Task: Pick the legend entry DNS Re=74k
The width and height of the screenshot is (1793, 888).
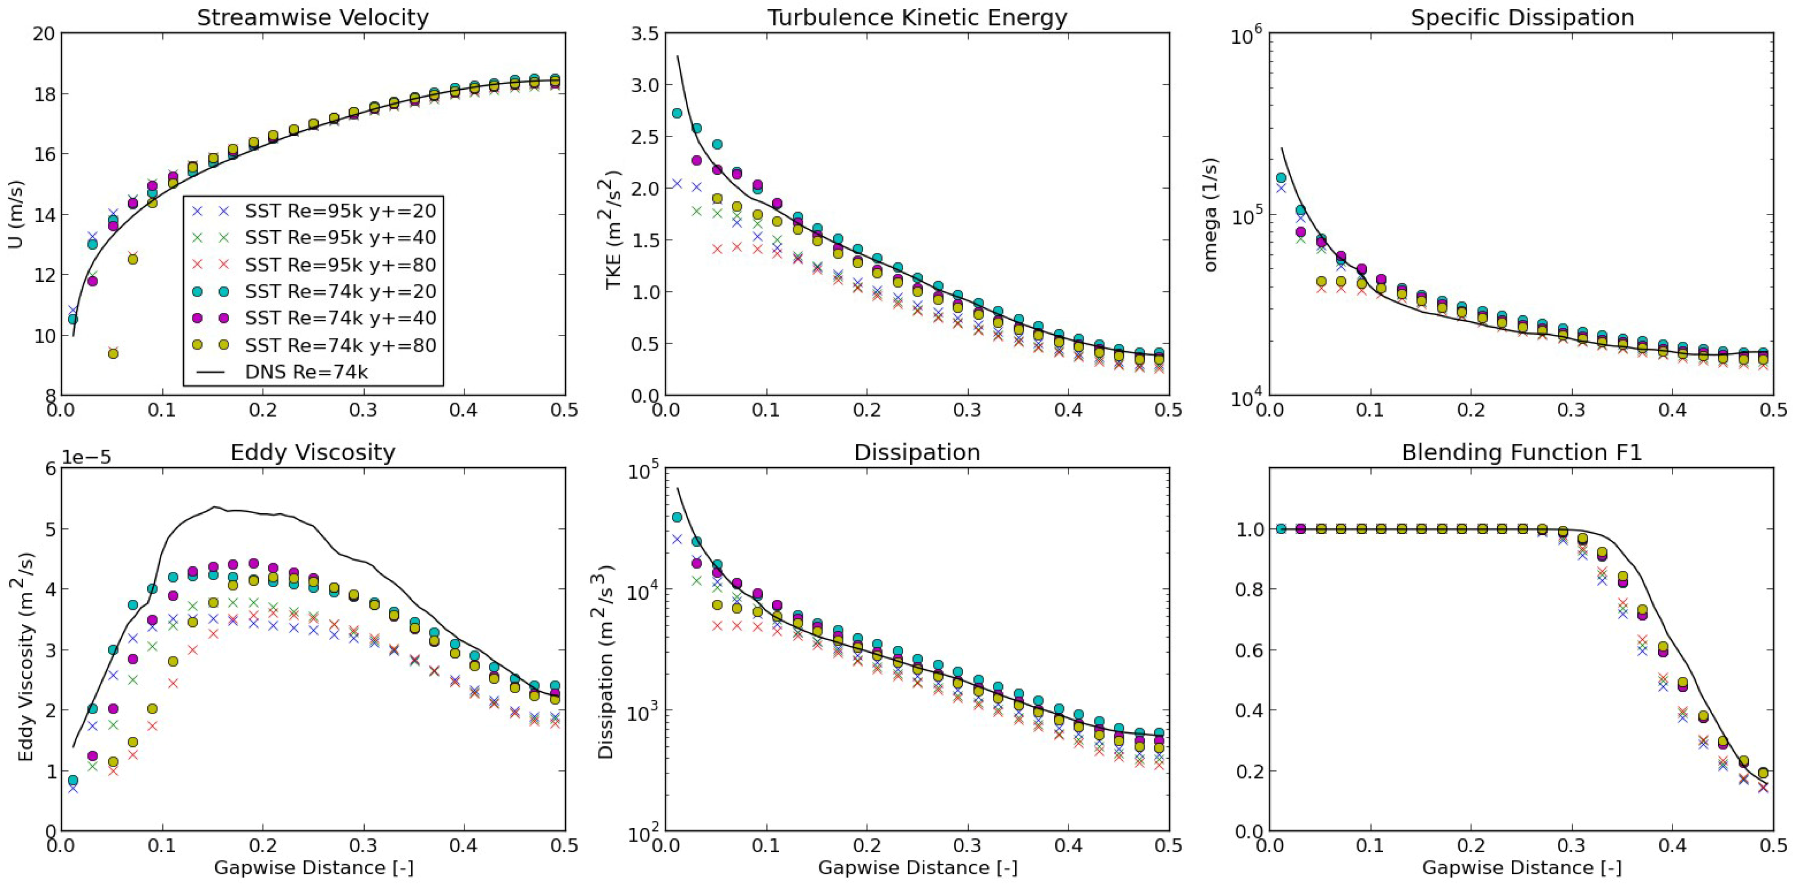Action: (306, 372)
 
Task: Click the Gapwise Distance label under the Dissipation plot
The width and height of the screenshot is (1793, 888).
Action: (917, 868)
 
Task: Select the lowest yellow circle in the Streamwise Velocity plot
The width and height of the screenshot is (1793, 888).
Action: (113, 353)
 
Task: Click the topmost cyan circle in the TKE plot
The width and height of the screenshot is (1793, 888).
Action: (676, 113)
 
